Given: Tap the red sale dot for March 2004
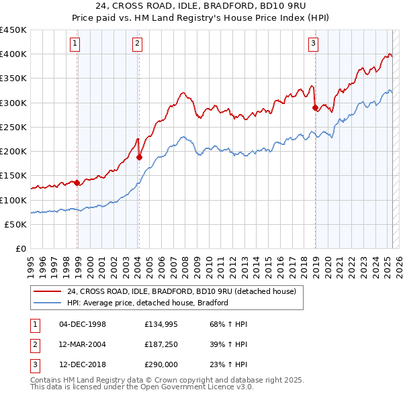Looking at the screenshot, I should pyautogui.click(x=140, y=157).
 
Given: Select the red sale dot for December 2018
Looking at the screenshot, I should pyautogui.click(x=315, y=107).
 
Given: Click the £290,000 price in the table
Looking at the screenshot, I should pyautogui.click(x=160, y=366).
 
